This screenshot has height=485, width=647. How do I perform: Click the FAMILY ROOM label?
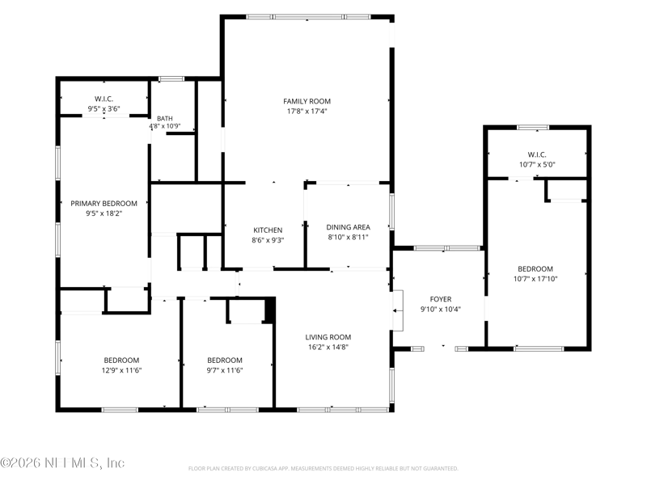[307, 101]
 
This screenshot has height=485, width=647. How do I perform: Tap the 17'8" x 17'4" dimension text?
[307, 111]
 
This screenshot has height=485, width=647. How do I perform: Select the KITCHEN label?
[268, 230]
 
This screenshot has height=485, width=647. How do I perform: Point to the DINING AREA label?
[348, 227]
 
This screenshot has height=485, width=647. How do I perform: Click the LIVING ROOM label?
[328, 337]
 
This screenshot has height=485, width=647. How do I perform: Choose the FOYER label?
[441, 299]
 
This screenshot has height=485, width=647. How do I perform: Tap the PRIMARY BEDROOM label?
[104, 204]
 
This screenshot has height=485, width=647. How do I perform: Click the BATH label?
[165, 118]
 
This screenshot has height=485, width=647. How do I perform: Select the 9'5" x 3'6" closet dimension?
[104, 109]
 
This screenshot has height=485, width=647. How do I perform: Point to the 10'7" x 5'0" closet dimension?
[537, 165]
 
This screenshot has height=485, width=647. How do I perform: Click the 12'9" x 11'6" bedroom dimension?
[121, 370]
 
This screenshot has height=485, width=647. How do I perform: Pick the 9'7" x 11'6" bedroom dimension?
[225, 370]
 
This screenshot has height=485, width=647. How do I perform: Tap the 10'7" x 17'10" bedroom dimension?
[535, 279]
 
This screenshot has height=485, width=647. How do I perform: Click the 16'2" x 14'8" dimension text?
[328, 348]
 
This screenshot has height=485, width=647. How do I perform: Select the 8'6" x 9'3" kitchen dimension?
[268, 240]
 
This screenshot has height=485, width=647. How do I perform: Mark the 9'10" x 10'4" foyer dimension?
[441, 310]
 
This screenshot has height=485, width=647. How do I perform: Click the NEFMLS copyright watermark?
[62, 462]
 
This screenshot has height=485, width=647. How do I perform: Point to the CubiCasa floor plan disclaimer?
[323, 469]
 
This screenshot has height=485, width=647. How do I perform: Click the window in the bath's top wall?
[171, 78]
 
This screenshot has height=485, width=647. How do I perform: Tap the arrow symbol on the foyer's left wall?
[397, 310]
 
